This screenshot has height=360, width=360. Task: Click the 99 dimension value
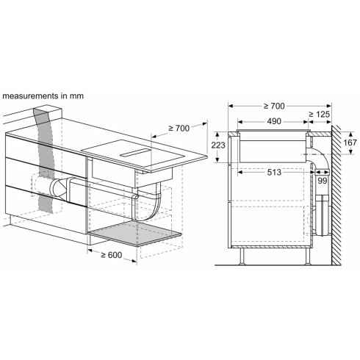coord(323,180)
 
